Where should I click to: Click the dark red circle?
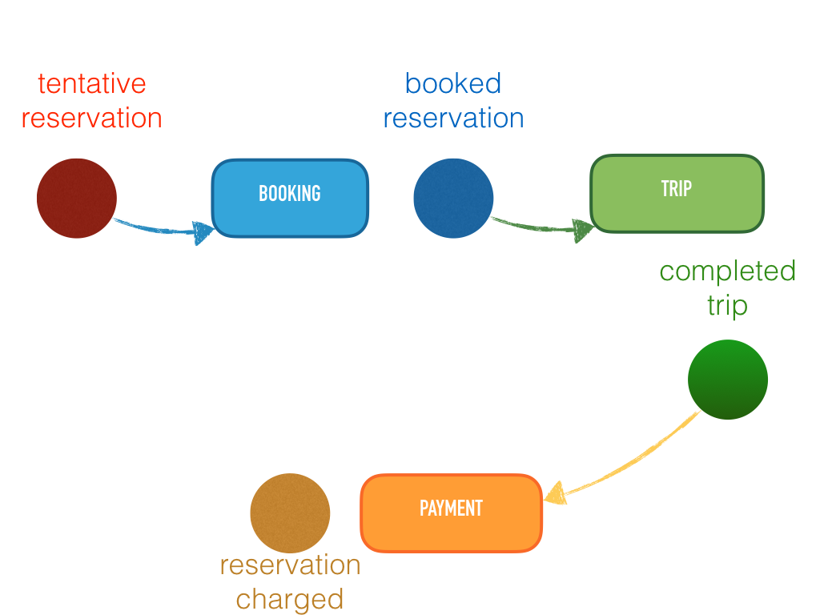[77, 199]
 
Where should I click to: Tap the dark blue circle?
[453, 199]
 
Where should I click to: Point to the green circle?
[727, 380]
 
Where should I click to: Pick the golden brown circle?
[290, 513]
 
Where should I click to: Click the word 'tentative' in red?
[92, 83]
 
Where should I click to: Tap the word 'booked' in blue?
[453, 83]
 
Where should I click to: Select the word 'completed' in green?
[727, 271]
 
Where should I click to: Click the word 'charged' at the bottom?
[290, 599]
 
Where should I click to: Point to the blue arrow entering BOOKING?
[164, 229]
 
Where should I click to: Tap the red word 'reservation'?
[92, 119]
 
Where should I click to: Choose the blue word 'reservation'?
[453, 119]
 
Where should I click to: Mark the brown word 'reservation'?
[290, 565]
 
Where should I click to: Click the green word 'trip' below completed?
[727, 306]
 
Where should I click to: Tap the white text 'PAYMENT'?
[451, 508]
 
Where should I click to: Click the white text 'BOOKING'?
[289, 194]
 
